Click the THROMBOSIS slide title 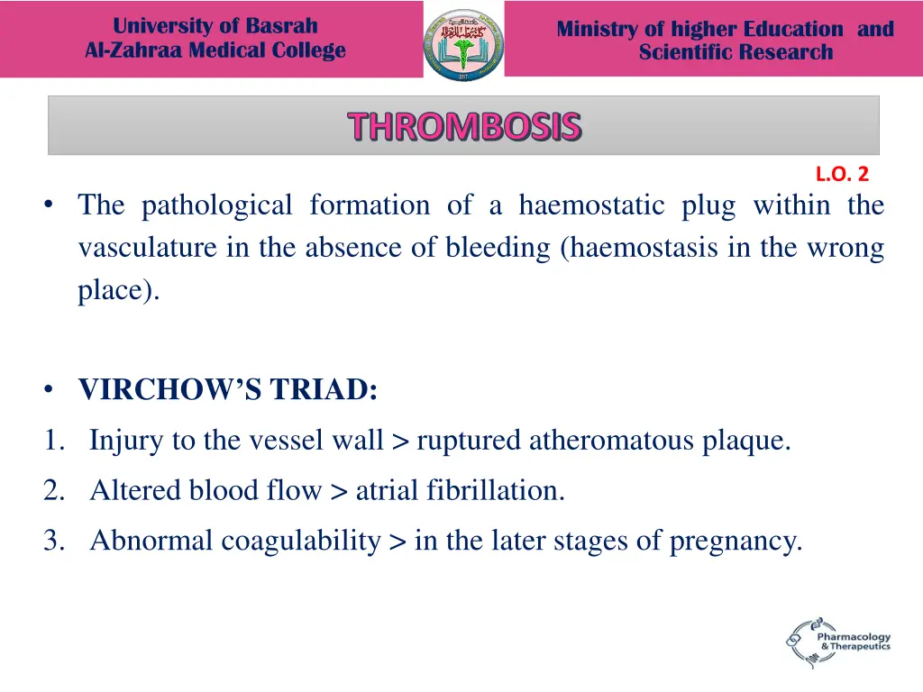tap(464, 127)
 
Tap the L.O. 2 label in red tap(842, 175)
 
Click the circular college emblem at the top tap(463, 44)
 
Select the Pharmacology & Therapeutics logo tap(837, 642)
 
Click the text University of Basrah tap(215, 26)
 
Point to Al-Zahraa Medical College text tap(215, 50)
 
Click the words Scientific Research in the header tap(736, 52)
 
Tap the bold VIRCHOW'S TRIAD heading tap(228, 391)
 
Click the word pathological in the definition tap(216, 205)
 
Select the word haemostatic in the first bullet tap(590, 205)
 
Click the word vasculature tap(148, 248)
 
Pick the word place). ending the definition tap(118, 292)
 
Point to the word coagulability tap(301, 541)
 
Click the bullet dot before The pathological tap(48, 206)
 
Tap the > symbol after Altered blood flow tap(339, 491)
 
